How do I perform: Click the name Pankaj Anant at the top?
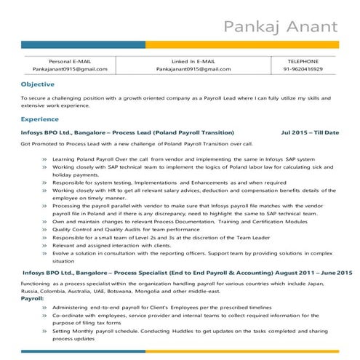(x=280, y=28)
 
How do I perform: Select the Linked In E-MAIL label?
(x=186, y=61)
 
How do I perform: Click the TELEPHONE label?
(x=303, y=61)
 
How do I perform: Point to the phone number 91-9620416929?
(x=303, y=69)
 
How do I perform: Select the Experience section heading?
(x=40, y=119)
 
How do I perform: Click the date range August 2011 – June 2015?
(x=309, y=271)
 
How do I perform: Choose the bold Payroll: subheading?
(x=33, y=298)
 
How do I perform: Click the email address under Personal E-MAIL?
(x=70, y=69)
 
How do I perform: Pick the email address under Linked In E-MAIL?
(x=186, y=69)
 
